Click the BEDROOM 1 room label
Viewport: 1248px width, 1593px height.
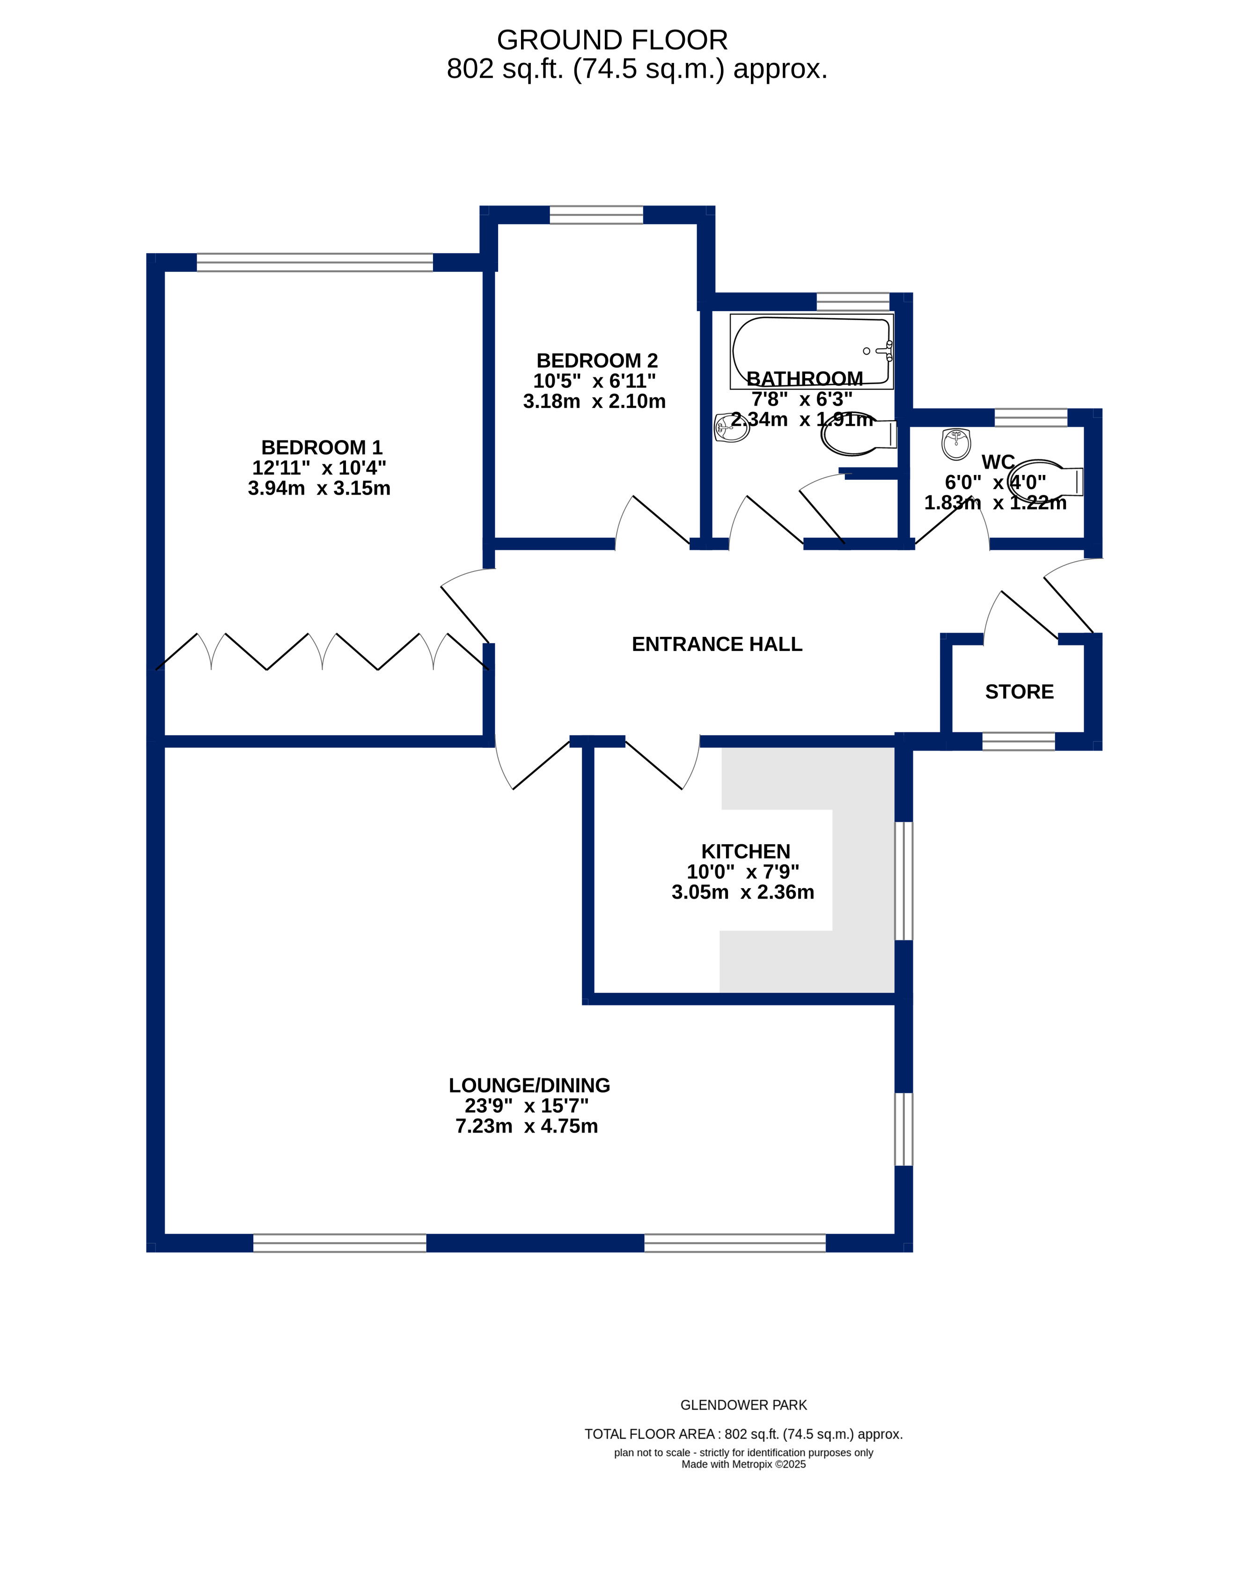[x=322, y=448]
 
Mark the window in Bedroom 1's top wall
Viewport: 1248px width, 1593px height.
[x=315, y=262]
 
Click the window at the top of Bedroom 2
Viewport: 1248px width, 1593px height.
[x=596, y=215]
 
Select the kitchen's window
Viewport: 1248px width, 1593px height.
[x=904, y=881]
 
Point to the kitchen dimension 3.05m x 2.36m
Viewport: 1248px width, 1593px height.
[x=743, y=892]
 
